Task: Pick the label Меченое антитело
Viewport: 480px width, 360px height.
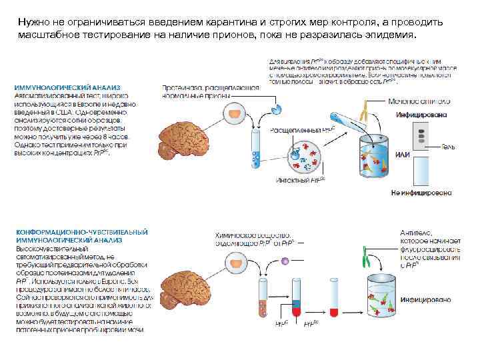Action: pyautogui.click(x=426, y=101)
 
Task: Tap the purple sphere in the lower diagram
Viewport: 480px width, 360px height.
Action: pyautogui.click(x=285, y=261)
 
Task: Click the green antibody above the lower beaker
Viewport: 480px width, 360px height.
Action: pyautogui.click(x=367, y=257)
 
